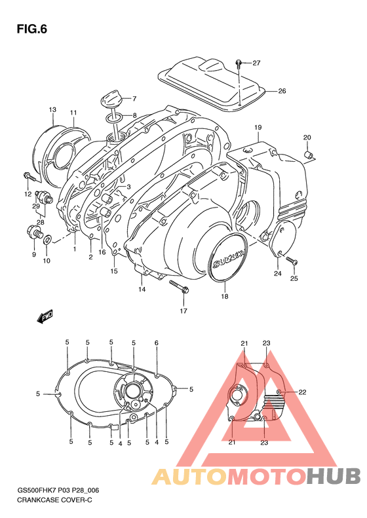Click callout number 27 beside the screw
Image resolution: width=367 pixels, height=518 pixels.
click(x=256, y=64)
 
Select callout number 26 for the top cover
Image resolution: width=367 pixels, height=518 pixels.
click(x=282, y=91)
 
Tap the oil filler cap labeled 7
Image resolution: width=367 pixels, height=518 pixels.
click(x=109, y=101)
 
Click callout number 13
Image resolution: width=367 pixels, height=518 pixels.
click(x=52, y=109)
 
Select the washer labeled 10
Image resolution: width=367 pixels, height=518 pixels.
click(x=47, y=244)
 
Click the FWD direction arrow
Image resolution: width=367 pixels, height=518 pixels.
click(x=45, y=317)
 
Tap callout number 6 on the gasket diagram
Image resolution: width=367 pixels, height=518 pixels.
click(x=156, y=342)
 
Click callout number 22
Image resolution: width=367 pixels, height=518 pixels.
click(x=302, y=392)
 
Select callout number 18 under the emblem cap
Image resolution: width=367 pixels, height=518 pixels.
click(x=224, y=297)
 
